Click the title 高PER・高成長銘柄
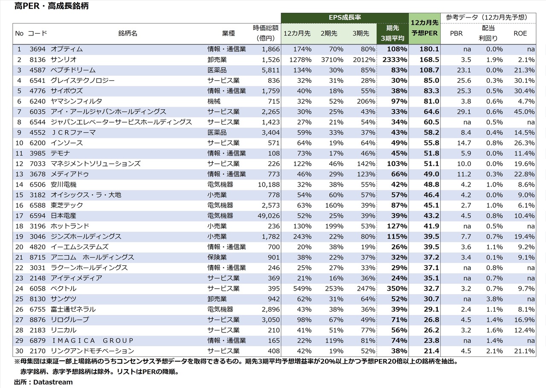[52, 6]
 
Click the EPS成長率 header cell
[345, 18]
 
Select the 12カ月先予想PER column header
[424, 28]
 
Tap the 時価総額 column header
[266, 33]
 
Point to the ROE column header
[520, 33]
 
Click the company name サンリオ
[64, 60]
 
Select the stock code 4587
[37, 70]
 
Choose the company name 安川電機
[64, 184]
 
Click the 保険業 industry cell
[217, 257]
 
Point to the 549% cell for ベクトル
[302, 289]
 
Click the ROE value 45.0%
[524, 112]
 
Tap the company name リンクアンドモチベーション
[92, 351]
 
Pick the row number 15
[19, 195]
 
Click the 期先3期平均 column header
[392, 33]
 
